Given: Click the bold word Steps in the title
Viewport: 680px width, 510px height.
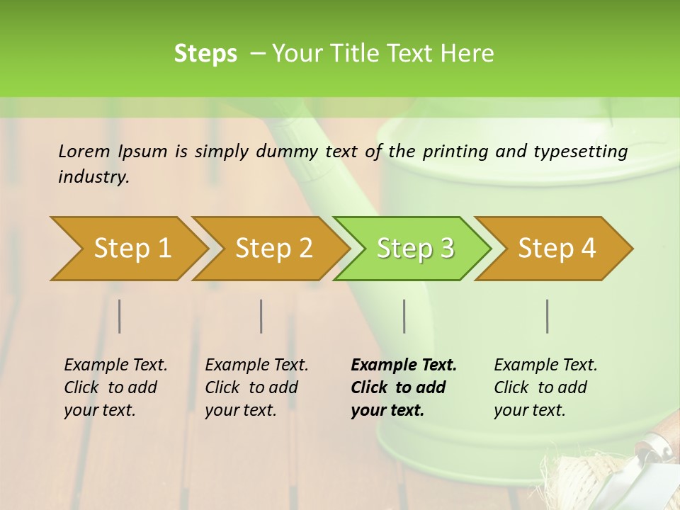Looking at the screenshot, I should [x=205, y=54].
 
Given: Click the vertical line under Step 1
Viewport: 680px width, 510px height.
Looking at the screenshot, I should [x=120, y=316].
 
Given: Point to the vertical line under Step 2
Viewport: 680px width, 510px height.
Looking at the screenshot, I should [x=261, y=316].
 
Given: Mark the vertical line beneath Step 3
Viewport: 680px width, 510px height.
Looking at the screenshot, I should [x=404, y=316].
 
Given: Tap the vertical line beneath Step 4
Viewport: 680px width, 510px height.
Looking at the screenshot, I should [x=548, y=316].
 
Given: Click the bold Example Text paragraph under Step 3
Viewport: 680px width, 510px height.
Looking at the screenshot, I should [x=403, y=387].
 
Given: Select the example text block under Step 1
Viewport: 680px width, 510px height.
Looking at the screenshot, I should [x=115, y=387].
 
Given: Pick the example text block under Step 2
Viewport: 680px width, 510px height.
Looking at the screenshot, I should [x=256, y=387].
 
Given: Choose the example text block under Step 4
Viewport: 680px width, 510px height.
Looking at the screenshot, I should [x=545, y=387].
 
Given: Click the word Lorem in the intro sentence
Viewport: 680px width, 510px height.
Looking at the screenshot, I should [x=84, y=151].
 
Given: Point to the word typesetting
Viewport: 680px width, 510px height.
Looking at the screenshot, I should [x=580, y=151].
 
